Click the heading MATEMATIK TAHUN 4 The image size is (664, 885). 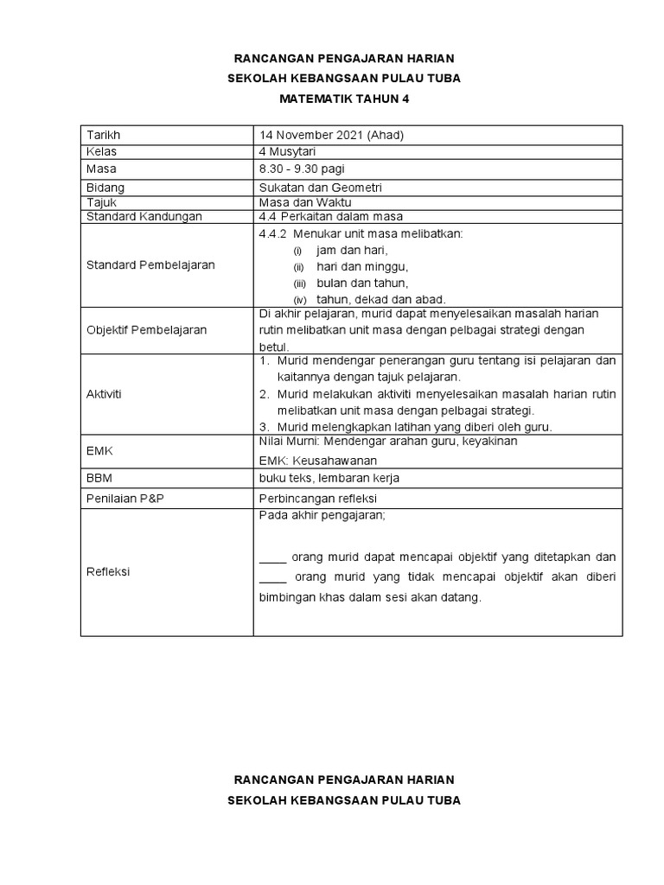(343, 99)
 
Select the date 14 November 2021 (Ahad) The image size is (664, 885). (331, 136)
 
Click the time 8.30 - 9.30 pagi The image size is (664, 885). (302, 169)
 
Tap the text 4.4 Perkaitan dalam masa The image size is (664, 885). (330, 216)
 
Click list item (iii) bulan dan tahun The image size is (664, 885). (349, 283)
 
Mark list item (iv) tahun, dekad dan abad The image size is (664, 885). (367, 299)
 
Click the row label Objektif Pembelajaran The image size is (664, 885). (147, 330)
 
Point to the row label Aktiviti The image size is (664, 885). (105, 393)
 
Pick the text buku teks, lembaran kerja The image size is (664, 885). (329, 478)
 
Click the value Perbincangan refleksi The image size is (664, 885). (317, 499)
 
